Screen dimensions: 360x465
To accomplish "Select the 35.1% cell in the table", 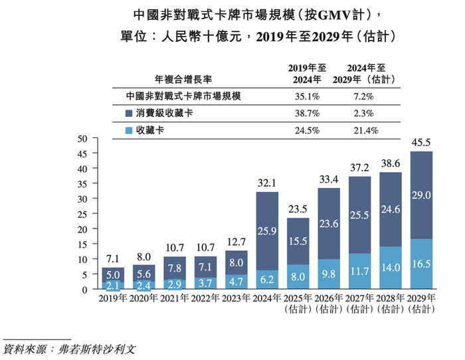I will pyautogui.click(x=308, y=96).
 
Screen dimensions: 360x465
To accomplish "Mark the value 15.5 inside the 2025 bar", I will pyautogui.click(x=299, y=241).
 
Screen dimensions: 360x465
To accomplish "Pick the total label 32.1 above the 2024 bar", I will pyautogui.click(x=267, y=181).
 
